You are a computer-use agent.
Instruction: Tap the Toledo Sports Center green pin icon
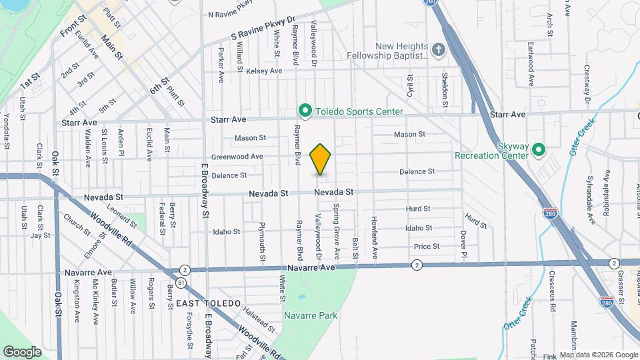[x=305, y=111]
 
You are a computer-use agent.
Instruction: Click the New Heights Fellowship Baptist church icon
[x=438, y=49]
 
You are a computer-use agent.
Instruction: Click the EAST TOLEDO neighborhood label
[x=208, y=303]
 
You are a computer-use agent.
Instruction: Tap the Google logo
[x=22, y=351]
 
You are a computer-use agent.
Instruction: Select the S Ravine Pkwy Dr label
[x=263, y=27]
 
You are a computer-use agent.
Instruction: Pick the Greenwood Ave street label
[x=237, y=157]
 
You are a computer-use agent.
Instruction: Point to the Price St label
[x=426, y=247]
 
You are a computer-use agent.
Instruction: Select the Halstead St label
[x=259, y=319]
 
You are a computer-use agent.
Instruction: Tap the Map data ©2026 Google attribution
[x=598, y=355]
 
